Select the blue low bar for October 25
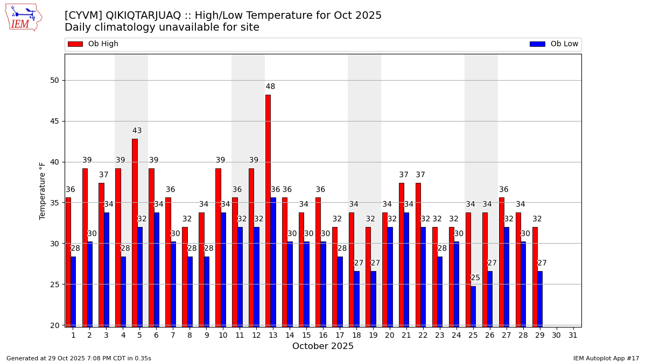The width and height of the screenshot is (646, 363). [x=473, y=306]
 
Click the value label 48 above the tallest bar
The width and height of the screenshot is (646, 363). [x=270, y=87]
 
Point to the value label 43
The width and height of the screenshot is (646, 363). [x=137, y=131]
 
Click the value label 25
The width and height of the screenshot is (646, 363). [x=475, y=278]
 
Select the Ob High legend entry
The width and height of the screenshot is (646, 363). [x=93, y=44]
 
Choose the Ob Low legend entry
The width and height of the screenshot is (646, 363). [x=554, y=44]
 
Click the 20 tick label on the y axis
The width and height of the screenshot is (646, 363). [x=54, y=325]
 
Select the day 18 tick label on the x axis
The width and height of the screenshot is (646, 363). [x=356, y=335]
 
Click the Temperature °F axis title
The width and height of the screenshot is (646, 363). [x=43, y=190]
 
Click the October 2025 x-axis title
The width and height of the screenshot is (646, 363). [x=323, y=346]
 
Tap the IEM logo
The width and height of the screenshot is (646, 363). [x=23, y=18]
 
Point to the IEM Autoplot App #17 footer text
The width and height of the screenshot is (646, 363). [x=606, y=358]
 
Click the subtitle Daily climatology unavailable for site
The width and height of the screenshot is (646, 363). [x=161, y=27]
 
